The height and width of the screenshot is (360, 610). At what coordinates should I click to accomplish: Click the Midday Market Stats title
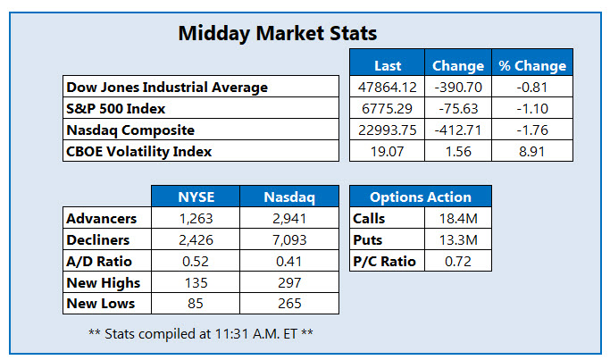[278, 35]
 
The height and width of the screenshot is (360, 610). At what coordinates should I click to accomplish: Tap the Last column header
[388, 65]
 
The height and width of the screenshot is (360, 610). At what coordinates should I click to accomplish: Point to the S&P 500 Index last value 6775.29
[388, 109]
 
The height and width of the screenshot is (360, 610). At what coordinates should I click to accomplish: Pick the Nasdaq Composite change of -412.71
[457, 130]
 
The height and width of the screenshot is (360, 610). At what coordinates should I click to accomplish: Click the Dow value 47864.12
[388, 88]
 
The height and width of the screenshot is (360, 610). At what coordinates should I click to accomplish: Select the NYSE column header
[196, 197]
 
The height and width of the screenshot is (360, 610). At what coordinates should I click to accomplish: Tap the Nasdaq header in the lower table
[289, 197]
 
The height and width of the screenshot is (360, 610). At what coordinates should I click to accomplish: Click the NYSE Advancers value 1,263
[196, 218]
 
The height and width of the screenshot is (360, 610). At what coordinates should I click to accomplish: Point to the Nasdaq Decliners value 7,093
[289, 239]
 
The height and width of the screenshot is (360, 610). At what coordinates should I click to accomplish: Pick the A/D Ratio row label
[99, 261]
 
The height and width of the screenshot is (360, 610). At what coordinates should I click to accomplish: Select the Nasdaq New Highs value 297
[289, 282]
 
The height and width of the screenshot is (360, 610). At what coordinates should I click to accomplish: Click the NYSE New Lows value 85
[196, 304]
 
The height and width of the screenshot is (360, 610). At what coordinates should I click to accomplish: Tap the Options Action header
[420, 197]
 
